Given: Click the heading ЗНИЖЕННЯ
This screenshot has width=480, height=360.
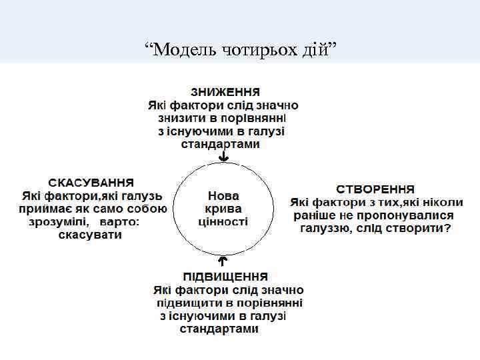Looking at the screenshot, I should [x=225, y=91].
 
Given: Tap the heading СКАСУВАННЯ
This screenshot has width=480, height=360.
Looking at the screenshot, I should [x=91, y=182].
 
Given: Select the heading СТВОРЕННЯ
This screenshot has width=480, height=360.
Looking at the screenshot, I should [x=375, y=189].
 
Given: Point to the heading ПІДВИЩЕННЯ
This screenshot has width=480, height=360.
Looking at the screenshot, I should [x=226, y=276].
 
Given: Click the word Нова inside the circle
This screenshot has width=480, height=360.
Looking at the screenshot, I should [x=223, y=196].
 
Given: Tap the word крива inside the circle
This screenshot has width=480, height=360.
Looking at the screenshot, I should [x=223, y=209].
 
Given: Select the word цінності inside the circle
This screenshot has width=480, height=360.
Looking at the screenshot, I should [x=223, y=221].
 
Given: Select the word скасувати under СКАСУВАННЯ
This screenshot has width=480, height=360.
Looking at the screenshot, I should [x=90, y=235].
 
